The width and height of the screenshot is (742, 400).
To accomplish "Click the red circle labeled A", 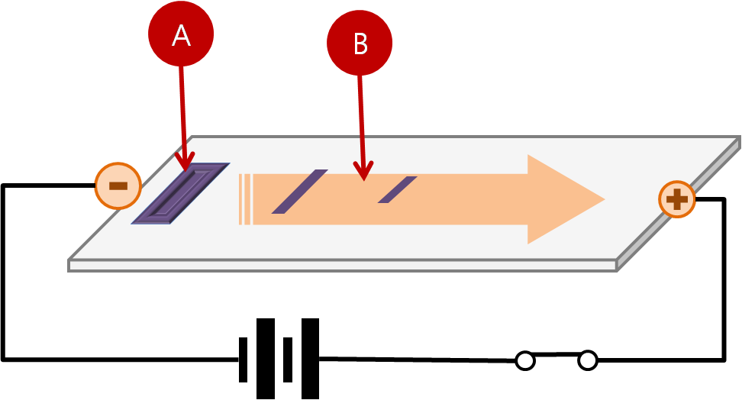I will [180, 34].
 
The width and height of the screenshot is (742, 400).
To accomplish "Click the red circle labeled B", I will [360, 44].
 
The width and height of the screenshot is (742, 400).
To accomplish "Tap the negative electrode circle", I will [118, 185].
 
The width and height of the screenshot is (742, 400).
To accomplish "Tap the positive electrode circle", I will [677, 199].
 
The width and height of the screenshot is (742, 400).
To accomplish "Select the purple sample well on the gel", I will [180, 194].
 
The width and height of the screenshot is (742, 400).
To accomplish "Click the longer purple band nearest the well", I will [299, 192].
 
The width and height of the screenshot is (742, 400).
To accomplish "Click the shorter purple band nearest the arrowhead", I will [397, 190].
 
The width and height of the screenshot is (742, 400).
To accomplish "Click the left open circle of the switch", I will [524, 360].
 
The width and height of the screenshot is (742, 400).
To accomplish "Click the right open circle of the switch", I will [587, 360].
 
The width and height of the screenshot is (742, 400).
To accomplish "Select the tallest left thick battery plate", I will [265, 359].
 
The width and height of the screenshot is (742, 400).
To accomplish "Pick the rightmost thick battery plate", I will [310, 359].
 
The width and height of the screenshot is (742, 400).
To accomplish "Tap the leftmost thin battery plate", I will [243, 359].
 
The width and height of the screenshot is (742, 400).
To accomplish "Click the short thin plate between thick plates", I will [287, 359].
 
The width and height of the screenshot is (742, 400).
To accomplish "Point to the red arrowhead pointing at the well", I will [184, 161].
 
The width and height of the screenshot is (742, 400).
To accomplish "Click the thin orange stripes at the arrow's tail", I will [244, 200].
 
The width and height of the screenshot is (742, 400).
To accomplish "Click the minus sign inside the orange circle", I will [118, 185].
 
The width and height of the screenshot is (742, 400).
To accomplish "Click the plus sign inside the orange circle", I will [677, 200].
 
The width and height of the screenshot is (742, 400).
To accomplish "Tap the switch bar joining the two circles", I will [556, 355].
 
